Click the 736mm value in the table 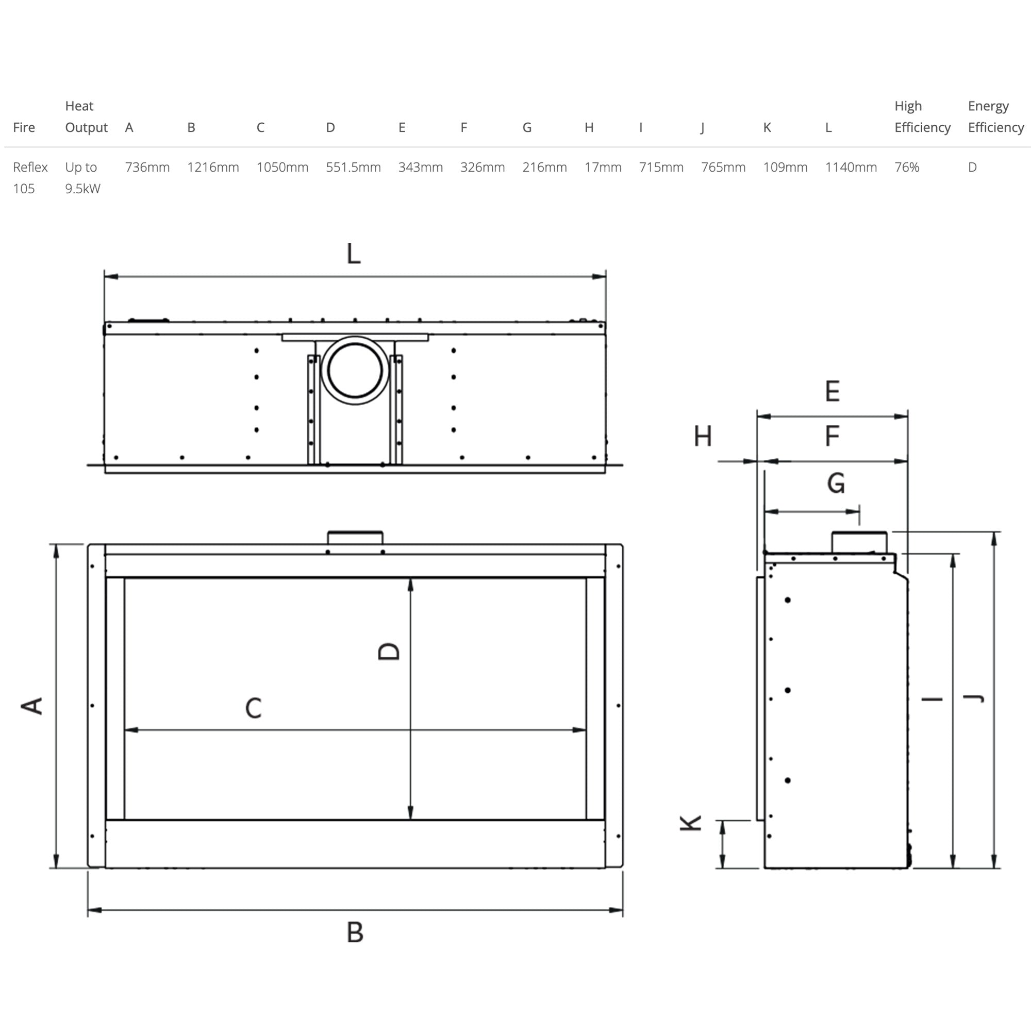pyautogui.click(x=147, y=167)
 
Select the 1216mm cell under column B pyautogui.click(x=212, y=167)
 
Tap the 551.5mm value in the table pyautogui.click(x=353, y=167)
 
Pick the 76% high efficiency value pyautogui.click(x=906, y=167)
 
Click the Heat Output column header pyautogui.click(x=86, y=117)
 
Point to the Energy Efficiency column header pyautogui.click(x=995, y=117)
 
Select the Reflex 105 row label pyautogui.click(x=30, y=177)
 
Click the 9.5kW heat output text pyautogui.click(x=82, y=188)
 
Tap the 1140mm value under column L pyautogui.click(x=850, y=167)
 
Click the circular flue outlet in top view pyautogui.click(x=355, y=370)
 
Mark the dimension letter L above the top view pyautogui.click(x=353, y=254)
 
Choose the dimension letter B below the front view pyautogui.click(x=355, y=932)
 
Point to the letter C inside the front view pyautogui.click(x=254, y=708)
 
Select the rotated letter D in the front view pyautogui.click(x=389, y=651)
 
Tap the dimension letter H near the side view pyautogui.click(x=702, y=437)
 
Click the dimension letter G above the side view pyautogui.click(x=836, y=483)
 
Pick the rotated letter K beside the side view pyautogui.click(x=691, y=823)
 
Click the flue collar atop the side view pyautogui.click(x=859, y=542)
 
